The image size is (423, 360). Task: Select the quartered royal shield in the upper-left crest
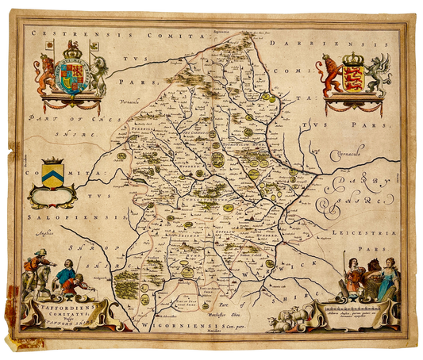pyautogui.click(x=72, y=80)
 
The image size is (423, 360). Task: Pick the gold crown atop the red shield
pyautogui.click(x=353, y=59)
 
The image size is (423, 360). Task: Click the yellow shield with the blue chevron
pyautogui.click(x=54, y=173)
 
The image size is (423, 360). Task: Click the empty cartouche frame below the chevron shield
pyautogui.click(x=52, y=193)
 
